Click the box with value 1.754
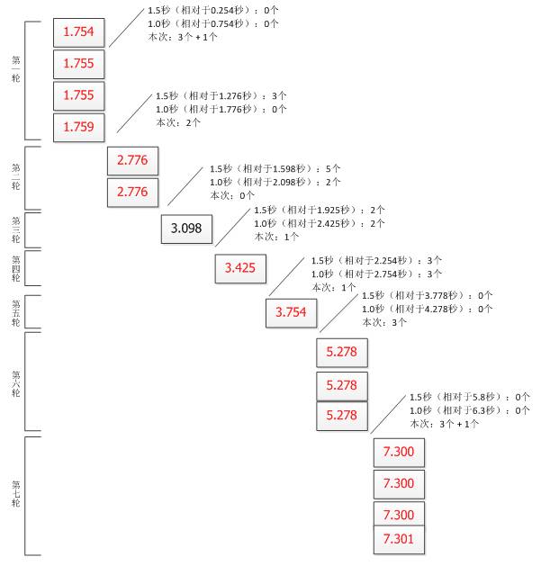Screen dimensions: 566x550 click(x=80, y=33)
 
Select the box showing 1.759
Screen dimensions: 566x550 click(x=80, y=127)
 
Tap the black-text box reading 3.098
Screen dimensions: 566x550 click(x=186, y=229)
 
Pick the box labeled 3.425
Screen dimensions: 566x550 click(x=240, y=268)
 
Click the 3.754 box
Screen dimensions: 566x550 click(x=292, y=312)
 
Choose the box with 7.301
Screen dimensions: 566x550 click(x=398, y=541)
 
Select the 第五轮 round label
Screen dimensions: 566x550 click(x=16, y=313)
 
